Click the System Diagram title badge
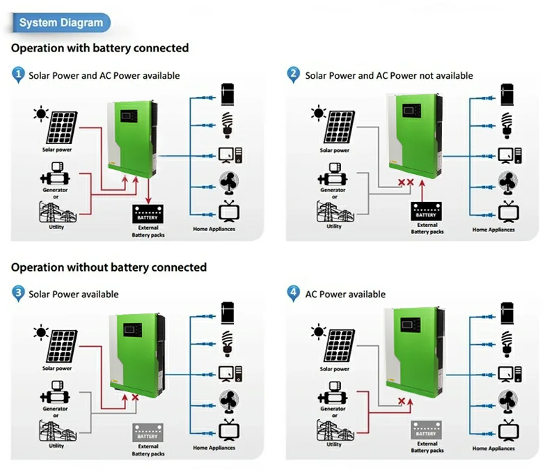tap(61, 23)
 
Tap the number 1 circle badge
tap(19, 75)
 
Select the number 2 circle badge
tap(294, 75)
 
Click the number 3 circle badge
tap(19, 293)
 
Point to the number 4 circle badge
tap(294, 293)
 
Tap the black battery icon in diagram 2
tap(426, 210)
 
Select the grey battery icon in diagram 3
tap(148, 432)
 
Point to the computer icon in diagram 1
tap(228, 155)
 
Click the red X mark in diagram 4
tap(401, 401)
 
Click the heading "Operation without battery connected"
tap(109, 267)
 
